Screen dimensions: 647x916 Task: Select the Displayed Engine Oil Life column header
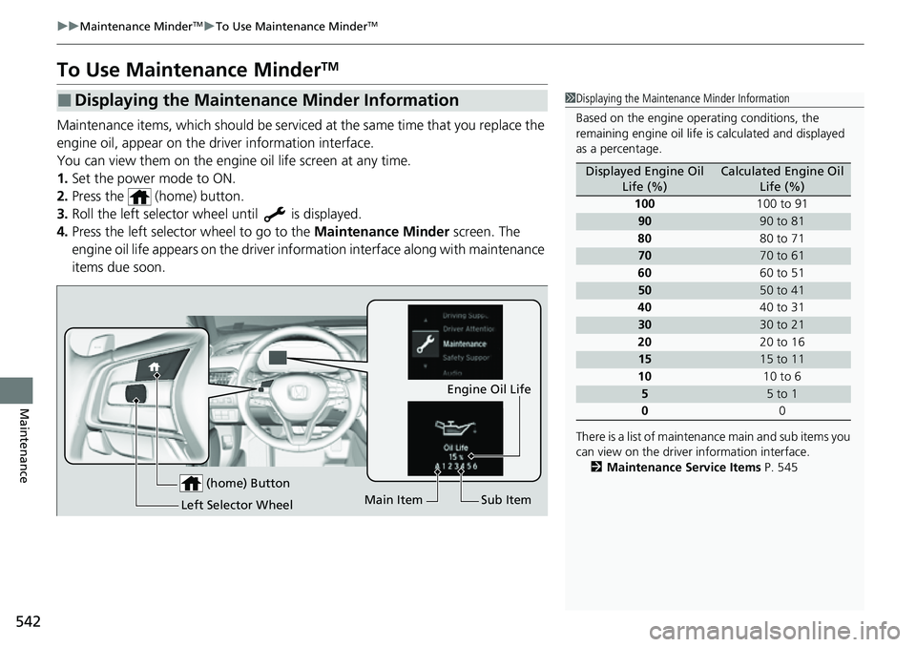pyautogui.click(x=644, y=177)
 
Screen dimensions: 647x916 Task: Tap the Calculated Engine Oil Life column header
pyautogui.click(x=781, y=177)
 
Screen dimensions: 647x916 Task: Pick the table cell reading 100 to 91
pyautogui.click(x=781, y=203)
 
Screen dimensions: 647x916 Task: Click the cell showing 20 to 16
pyautogui.click(x=781, y=342)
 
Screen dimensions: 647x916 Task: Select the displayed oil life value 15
pyautogui.click(x=644, y=359)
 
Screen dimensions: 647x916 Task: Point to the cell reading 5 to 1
pyautogui.click(x=781, y=393)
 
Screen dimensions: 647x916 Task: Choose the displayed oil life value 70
pyautogui.click(x=644, y=255)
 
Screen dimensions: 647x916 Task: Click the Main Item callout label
pyautogui.click(x=393, y=500)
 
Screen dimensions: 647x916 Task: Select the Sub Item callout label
pyautogui.click(x=506, y=500)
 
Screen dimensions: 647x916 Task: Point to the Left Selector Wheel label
pyautogui.click(x=237, y=504)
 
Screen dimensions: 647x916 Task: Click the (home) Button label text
pyautogui.click(x=247, y=483)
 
